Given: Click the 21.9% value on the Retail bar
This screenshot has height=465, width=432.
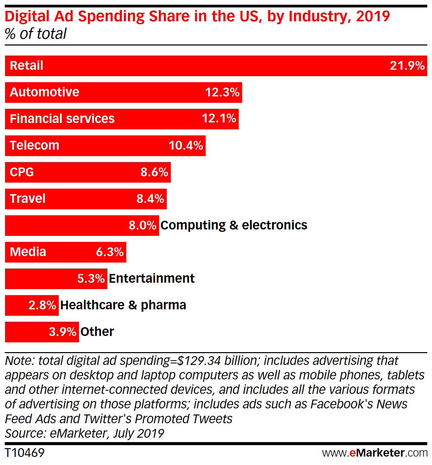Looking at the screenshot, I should tap(407, 65).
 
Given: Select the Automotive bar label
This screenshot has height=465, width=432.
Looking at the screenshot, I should tap(45, 92).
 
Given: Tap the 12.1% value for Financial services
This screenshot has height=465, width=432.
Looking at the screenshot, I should tap(219, 118).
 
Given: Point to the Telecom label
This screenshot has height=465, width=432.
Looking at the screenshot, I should tap(34, 145).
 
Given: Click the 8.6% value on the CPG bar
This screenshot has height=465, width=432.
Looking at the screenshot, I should tap(154, 172).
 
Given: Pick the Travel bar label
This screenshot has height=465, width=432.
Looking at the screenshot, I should tap(28, 198).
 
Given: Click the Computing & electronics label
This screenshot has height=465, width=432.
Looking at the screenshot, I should tap(234, 225).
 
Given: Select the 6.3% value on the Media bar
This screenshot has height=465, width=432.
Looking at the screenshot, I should tap(110, 252).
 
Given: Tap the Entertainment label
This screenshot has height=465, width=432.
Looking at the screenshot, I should tap(152, 278).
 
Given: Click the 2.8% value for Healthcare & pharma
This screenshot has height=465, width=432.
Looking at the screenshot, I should tap(42, 305).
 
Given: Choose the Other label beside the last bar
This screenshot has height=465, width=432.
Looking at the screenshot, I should tap(97, 332).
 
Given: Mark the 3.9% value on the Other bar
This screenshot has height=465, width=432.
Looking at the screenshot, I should tap(62, 332).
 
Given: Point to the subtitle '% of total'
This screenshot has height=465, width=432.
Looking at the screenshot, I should tap(36, 34).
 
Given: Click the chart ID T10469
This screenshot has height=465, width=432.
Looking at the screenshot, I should tap(25, 453).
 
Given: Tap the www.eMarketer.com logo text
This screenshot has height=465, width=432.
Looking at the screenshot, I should tap(375, 453).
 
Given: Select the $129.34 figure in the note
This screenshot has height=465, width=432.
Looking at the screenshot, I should tap(199, 361).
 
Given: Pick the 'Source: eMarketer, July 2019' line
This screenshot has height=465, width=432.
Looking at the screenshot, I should tap(84, 433).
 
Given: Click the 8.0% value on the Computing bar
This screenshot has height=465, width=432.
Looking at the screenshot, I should tap(142, 225).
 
